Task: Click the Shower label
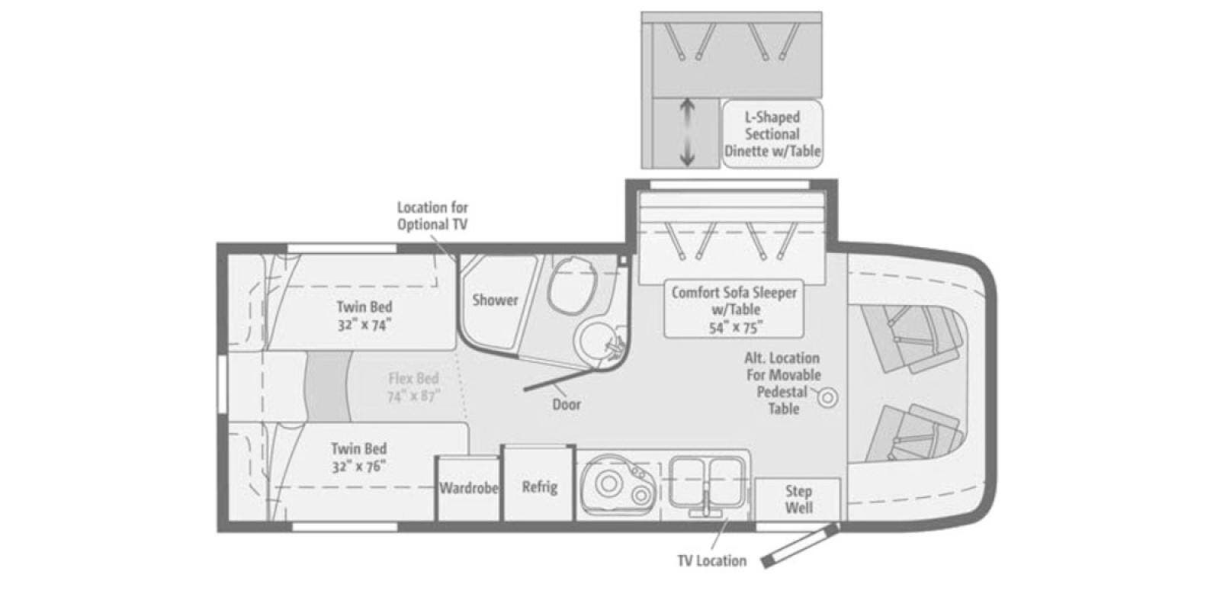495,300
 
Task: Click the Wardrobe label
469,488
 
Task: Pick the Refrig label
540,486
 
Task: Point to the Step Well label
798,499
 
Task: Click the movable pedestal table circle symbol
828,398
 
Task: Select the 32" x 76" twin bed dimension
359,467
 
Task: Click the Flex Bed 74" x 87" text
414,387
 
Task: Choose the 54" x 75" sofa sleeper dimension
735,328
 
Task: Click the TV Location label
712,561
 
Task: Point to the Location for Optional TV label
432,217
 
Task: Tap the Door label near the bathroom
567,405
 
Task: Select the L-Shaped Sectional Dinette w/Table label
772,134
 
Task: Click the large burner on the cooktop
608,483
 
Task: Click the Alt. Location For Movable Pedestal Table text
782,384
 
